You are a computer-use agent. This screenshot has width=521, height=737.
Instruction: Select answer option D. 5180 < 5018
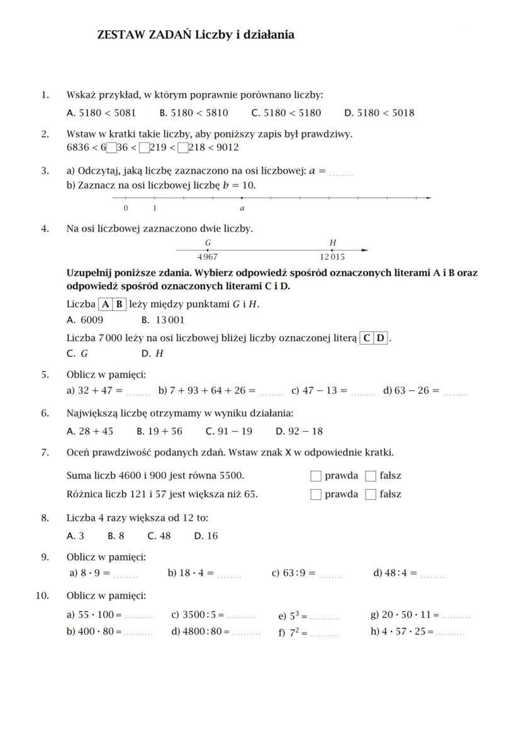[379, 113]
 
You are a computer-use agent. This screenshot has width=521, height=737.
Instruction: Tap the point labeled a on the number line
[242, 198]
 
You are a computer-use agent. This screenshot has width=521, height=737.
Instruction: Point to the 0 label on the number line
[126, 208]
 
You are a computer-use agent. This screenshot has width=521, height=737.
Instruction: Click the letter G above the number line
[208, 243]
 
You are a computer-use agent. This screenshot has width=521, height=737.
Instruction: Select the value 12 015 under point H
[332, 257]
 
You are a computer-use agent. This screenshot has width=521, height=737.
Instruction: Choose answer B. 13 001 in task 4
[163, 320]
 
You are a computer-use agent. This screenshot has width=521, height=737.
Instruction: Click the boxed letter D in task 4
[381, 339]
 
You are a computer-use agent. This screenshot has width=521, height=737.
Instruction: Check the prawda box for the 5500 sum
[316, 476]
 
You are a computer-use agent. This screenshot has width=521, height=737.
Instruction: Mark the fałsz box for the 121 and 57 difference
[371, 494]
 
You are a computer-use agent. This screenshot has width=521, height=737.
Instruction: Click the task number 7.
[45, 453]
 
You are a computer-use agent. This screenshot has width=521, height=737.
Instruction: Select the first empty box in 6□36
[111, 149]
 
